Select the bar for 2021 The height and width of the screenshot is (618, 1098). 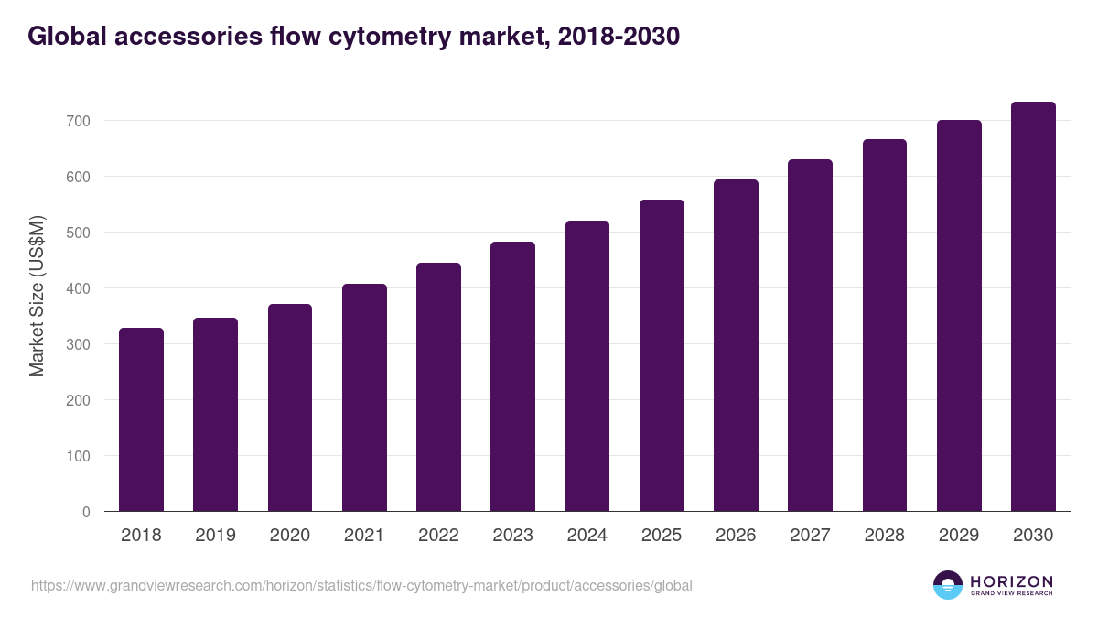click(x=364, y=397)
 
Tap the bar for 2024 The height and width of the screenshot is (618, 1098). click(x=587, y=366)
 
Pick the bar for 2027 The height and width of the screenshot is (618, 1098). click(x=810, y=335)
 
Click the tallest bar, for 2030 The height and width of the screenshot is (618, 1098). click(x=1033, y=307)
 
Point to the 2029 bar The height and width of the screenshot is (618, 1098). click(x=959, y=316)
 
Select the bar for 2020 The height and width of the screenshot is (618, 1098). click(x=290, y=407)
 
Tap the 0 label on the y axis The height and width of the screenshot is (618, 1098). click(x=87, y=512)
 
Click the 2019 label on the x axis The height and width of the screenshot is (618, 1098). click(x=216, y=536)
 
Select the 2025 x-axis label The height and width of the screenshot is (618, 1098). click(x=662, y=536)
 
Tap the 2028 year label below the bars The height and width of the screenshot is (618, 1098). click(x=885, y=536)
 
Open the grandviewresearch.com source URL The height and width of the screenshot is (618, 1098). click(x=361, y=585)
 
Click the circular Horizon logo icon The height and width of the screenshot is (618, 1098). click(x=948, y=585)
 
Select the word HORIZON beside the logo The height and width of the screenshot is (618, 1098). click(x=1011, y=581)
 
